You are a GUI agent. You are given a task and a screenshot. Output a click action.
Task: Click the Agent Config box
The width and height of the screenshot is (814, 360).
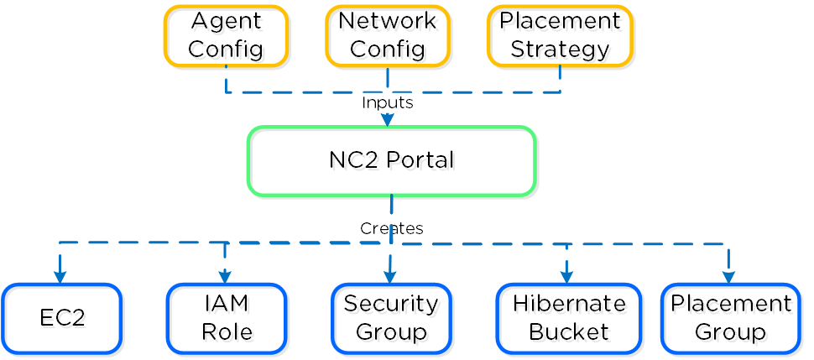(x=226, y=35)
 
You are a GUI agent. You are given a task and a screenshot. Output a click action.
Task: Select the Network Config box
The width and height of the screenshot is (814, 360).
(x=388, y=35)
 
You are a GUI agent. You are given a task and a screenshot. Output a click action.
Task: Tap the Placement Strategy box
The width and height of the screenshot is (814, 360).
(x=560, y=35)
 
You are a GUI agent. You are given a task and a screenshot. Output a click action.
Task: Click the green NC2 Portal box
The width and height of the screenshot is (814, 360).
(x=391, y=160)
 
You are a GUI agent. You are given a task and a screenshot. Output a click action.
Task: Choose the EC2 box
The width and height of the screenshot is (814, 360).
(x=62, y=318)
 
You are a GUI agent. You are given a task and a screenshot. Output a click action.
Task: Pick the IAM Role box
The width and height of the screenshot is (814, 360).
(x=227, y=318)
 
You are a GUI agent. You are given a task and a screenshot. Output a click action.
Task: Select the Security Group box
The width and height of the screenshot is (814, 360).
(x=391, y=318)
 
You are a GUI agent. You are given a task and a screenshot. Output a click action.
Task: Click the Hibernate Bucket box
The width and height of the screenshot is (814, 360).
(x=568, y=318)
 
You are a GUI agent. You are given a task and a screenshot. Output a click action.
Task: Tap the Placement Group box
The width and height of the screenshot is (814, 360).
(x=730, y=318)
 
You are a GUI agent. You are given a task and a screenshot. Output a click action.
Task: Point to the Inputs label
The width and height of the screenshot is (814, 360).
(x=387, y=102)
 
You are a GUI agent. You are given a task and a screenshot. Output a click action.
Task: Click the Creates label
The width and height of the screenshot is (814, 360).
(x=391, y=228)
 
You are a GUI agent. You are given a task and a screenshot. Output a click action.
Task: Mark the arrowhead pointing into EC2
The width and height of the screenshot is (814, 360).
(x=60, y=278)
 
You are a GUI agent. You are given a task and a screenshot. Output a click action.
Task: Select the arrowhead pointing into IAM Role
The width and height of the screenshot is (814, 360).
(x=225, y=278)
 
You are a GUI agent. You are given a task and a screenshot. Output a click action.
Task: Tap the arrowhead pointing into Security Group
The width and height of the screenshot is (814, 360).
(x=389, y=278)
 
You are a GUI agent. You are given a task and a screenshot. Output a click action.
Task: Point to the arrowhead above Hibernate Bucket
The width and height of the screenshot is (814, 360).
(x=566, y=278)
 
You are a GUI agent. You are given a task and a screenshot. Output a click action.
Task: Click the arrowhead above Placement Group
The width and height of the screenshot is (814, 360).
(x=728, y=278)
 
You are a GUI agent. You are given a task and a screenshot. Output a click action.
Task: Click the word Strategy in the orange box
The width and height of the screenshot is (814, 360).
(x=560, y=49)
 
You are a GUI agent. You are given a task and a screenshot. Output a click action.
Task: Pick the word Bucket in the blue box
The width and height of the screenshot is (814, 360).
(x=568, y=331)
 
